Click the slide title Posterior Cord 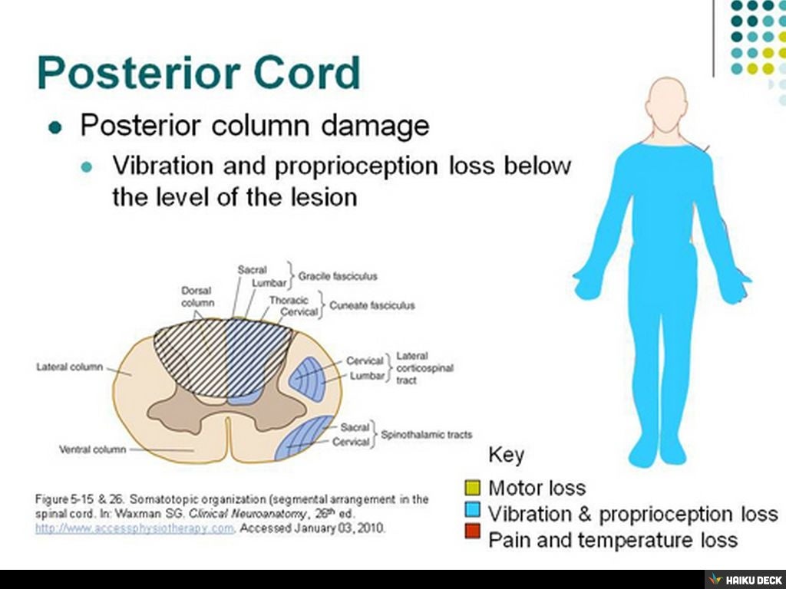198,72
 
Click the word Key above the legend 506,455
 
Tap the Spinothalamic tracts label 426,434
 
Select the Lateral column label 69,367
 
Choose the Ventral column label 92,449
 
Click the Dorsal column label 196,297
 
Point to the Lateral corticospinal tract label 424,368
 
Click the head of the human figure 665,104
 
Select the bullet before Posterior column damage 54,127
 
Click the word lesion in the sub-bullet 323,197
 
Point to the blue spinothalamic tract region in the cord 307,439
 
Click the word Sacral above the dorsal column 252,270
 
